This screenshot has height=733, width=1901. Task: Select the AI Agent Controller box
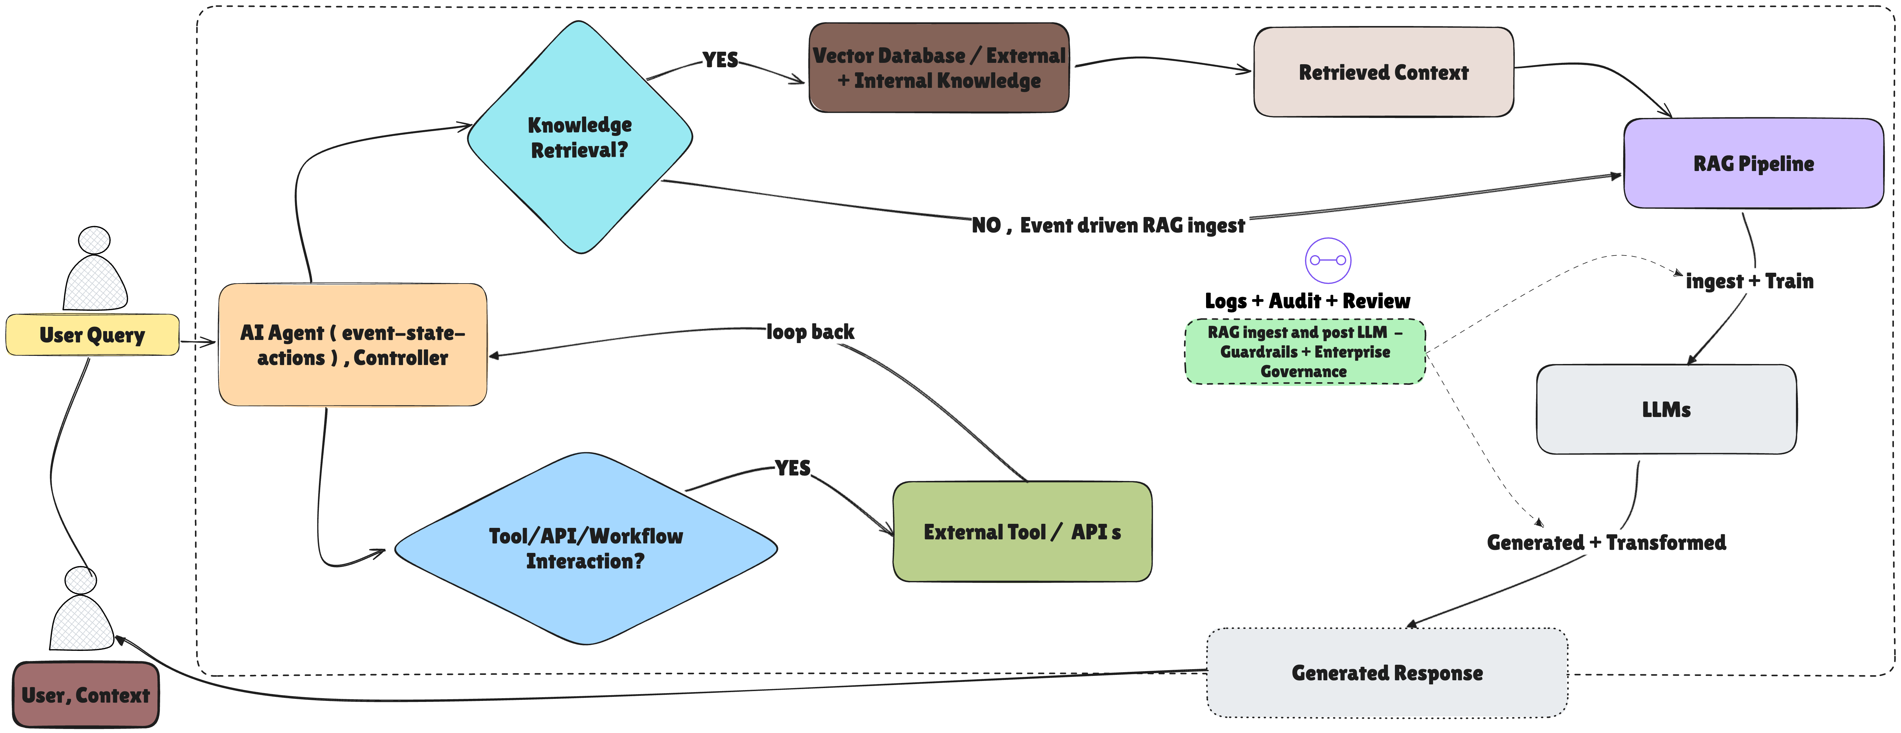pyautogui.click(x=353, y=345)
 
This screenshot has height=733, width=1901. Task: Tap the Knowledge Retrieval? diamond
pyautogui.click(x=580, y=137)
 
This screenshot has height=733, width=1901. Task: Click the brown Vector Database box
pyautogui.click(x=939, y=68)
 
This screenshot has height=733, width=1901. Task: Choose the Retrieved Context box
pyautogui.click(x=1384, y=72)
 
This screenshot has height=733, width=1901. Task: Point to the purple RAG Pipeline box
pyautogui.click(x=1753, y=163)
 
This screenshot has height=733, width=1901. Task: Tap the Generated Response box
pyautogui.click(x=1386, y=673)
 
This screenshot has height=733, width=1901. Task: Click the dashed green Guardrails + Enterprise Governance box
pyautogui.click(x=1305, y=351)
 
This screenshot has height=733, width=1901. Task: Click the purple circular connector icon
pyautogui.click(x=1328, y=261)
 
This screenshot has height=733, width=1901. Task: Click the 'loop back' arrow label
pyautogui.click(x=810, y=332)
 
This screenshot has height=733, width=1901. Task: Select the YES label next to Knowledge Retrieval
pyautogui.click(x=720, y=60)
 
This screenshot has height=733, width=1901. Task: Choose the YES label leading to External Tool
pyautogui.click(x=793, y=468)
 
